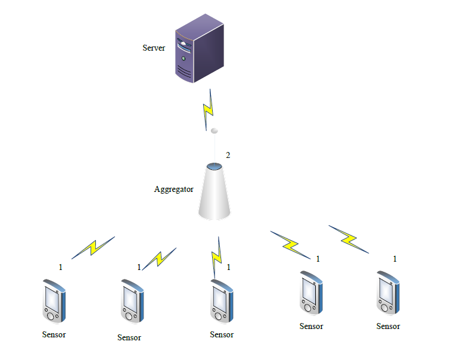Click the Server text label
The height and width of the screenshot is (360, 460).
coord(154,48)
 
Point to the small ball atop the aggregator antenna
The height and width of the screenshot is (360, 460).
coord(215,130)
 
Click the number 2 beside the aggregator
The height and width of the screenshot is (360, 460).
coord(228,156)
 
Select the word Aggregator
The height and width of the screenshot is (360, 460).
coord(174,190)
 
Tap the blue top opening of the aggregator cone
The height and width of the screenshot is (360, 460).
coord(214,166)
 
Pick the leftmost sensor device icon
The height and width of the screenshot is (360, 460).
coord(53,302)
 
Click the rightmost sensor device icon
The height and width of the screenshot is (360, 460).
coord(388,294)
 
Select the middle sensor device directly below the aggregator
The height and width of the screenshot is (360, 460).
coord(222,302)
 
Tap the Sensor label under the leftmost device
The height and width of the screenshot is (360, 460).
coord(54,334)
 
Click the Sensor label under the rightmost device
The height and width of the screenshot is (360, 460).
coord(388,326)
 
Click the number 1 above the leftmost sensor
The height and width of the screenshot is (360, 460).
coord(60,268)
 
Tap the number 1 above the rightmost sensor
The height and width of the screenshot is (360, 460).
coord(394,259)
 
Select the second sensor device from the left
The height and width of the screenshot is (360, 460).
coord(131,301)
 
